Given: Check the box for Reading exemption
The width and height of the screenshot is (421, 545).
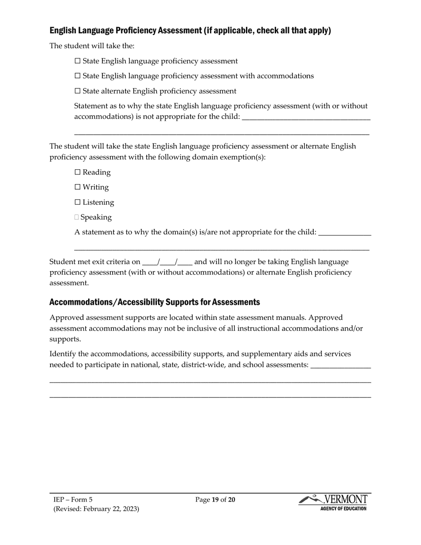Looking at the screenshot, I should click(78, 172).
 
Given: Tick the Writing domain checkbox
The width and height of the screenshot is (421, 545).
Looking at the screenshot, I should click(78, 187).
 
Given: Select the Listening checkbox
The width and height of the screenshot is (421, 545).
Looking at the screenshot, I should click(78, 202).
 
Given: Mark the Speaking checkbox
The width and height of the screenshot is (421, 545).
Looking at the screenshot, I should click(77, 218).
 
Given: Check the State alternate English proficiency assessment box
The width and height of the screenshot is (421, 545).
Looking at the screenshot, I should click(78, 91).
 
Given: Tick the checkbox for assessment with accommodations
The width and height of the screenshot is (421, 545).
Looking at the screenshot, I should click(78, 76).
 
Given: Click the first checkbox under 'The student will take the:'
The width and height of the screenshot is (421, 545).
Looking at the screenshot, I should click(78, 61).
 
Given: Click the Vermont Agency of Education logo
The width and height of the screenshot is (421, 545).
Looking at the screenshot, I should click(334, 502).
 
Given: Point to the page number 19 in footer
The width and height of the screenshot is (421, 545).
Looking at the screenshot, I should click(215, 500).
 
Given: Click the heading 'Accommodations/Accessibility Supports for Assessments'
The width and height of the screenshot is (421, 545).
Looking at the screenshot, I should click(154, 302).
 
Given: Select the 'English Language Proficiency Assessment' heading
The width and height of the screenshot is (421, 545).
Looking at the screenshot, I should click(190, 31).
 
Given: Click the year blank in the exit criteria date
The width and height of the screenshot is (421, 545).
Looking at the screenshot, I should click(185, 262).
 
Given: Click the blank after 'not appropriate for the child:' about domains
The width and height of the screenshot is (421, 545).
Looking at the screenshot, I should click(344, 233).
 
